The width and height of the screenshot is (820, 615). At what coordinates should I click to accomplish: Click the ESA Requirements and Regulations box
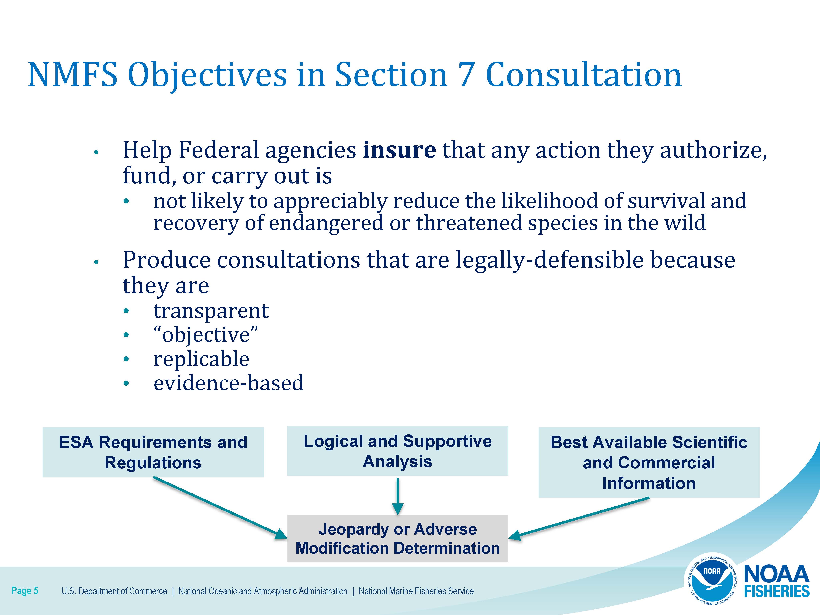153,452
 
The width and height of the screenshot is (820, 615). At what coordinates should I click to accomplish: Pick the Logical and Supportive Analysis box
397,451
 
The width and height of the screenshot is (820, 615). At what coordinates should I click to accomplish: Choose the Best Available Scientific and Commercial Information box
649,462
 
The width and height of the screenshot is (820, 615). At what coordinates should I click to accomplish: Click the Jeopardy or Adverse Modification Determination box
397,538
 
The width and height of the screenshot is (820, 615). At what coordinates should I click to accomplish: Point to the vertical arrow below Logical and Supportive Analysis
397,496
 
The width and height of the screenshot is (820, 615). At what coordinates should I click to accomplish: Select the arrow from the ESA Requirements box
220,508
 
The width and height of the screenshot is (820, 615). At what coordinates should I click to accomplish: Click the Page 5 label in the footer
25,591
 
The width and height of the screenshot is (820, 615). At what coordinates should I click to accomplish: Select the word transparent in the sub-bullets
211,311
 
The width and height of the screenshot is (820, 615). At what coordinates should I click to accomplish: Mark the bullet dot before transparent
126,311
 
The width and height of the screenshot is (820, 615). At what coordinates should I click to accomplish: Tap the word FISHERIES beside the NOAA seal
777,591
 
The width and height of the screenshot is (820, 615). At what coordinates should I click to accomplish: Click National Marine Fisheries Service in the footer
416,591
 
